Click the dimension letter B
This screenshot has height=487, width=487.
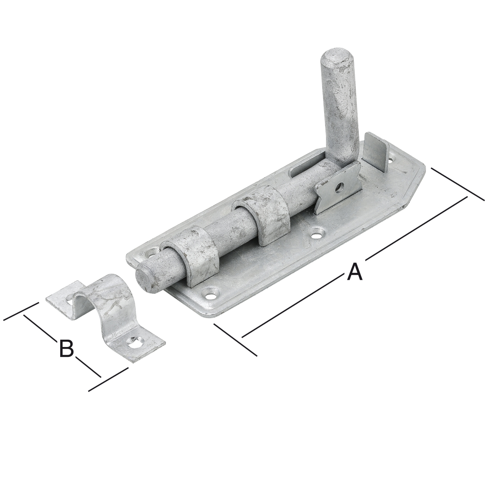[67, 348]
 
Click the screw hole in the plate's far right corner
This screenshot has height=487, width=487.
[391, 160]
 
